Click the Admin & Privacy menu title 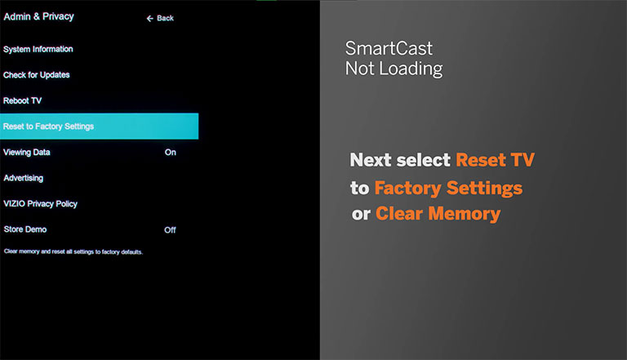(39, 16)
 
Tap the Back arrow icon (150, 19)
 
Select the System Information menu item (38, 49)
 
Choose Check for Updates (37, 75)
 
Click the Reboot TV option (22, 100)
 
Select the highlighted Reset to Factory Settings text (48, 127)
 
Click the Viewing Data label (27, 153)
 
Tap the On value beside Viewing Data (171, 153)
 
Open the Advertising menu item (23, 178)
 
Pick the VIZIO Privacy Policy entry (40, 203)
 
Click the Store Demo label (25, 229)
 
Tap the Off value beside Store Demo (170, 230)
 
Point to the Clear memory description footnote (73, 251)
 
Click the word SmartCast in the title (389, 48)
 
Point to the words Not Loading (394, 69)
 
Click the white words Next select (400, 160)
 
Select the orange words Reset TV (495, 160)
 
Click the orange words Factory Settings (448, 188)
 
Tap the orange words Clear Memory (438, 214)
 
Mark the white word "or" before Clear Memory (361, 215)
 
